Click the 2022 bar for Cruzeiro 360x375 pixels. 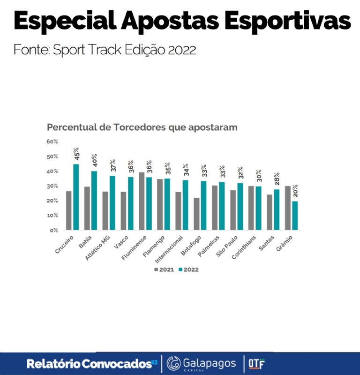click(x=76, y=197)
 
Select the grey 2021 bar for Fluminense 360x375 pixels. click(x=142, y=201)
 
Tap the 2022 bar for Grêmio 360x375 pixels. click(x=295, y=216)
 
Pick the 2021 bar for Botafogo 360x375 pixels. click(x=196, y=214)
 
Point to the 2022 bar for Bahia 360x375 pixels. click(x=94, y=201)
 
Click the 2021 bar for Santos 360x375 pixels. click(x=270, y=212)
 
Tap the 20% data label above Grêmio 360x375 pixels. click(x=295, y=190)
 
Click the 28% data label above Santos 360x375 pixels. click(x=277, y=180)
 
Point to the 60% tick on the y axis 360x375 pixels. click(x=52, y=142)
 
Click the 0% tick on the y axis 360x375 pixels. click(x=53, y=230)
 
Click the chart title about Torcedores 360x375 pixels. click(x=142, y=127)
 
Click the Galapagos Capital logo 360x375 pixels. click(x=201, y=363)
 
